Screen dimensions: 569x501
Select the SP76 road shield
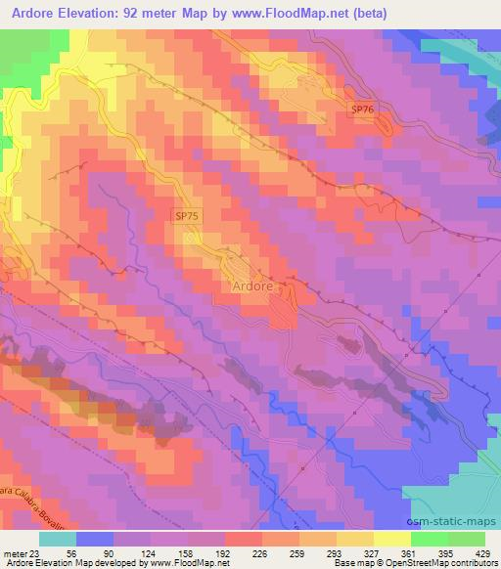pyautogui.click(x=363, y=109)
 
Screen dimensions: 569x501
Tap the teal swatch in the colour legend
pyautogui.click(x=57, y=539)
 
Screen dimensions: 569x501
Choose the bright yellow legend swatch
pyautogui.click(x=392, y=539)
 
